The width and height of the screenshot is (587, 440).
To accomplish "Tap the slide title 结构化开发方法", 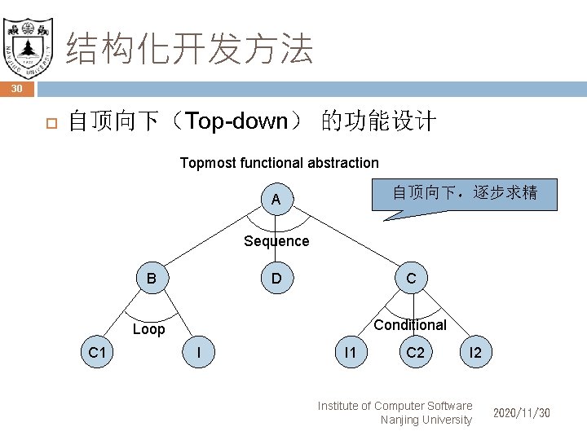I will (x=189, y=49).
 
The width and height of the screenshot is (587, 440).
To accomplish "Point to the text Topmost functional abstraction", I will (x=279, y=163).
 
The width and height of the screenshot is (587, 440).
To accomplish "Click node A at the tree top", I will (x=276, y=200).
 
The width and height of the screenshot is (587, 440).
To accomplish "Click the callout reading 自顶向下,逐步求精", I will (x=464, y=193).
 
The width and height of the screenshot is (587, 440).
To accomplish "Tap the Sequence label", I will (x=276, y=241).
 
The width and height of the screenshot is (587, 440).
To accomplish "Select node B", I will (x=152, y=279).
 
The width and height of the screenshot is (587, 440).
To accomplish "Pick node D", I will (x=276, y=279).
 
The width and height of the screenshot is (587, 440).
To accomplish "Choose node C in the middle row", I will (x=411, y=279).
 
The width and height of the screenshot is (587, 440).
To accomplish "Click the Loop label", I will (x=148, y=329).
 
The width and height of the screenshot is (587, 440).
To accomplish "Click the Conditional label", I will (x=409, y=325).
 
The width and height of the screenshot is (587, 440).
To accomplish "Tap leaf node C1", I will (x=99, y=353).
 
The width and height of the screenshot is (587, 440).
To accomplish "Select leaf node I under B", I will (x=199, y=353).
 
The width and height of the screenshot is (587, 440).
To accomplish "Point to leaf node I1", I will (x=350, y=353).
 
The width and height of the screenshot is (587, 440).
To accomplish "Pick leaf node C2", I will (x=415, y=353).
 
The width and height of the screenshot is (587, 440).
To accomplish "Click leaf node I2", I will (x=476, y=353).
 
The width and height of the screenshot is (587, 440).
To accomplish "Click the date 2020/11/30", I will (x=521, y=413).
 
